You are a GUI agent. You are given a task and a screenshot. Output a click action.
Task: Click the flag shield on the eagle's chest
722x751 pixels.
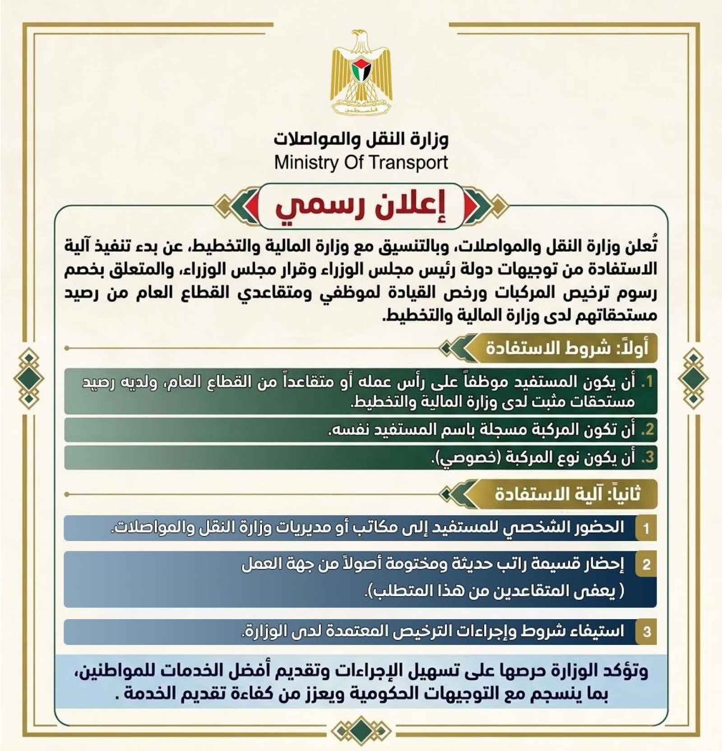[361, 70]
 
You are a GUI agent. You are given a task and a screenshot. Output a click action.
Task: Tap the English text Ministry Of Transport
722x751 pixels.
[361, 163]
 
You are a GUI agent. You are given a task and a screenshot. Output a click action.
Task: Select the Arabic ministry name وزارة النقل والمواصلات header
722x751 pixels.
[361, 139]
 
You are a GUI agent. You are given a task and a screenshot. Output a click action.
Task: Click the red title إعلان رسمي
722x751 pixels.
[361, 207]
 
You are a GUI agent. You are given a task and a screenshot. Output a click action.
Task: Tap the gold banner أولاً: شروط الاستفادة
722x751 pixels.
[566, 348]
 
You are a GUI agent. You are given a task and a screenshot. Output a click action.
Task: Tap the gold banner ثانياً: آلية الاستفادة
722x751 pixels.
[567, 494]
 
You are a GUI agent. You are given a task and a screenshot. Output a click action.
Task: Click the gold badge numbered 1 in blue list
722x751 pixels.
[646, 528]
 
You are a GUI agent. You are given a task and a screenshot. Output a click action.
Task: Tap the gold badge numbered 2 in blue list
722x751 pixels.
[646, 564]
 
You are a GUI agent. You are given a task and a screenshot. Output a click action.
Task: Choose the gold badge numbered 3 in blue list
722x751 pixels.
[646, 631]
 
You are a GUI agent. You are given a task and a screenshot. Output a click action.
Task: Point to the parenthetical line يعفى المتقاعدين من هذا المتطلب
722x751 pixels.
[494, 591]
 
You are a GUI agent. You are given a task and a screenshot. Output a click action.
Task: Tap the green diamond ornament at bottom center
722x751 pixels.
[361, 730]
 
